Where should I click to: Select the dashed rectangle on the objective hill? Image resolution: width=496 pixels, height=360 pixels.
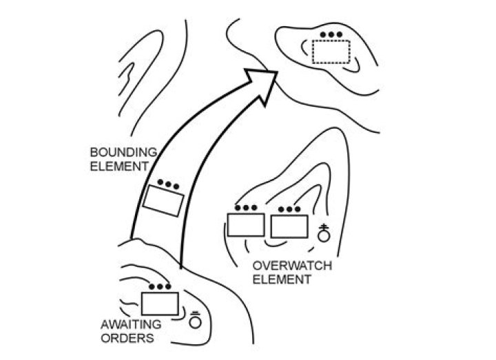pyautogui.click(x=330, y=52)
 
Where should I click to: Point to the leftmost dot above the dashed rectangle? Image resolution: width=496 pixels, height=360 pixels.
pyautogui.click(x=325, y=34)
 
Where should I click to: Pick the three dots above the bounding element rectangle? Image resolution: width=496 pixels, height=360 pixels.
pyautogui.click(x=168, y=184)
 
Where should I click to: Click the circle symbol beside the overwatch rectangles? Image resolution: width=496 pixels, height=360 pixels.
pyautogui.click(x=323, y=235)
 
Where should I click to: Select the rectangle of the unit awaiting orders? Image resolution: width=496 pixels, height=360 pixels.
pyautogui.click(x=160, y=304)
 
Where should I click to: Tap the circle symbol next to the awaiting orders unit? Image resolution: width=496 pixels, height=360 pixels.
pyautogui.click(x=195, y=321)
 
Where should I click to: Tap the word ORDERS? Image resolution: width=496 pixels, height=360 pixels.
pyautogui.click(x=127, y=338)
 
